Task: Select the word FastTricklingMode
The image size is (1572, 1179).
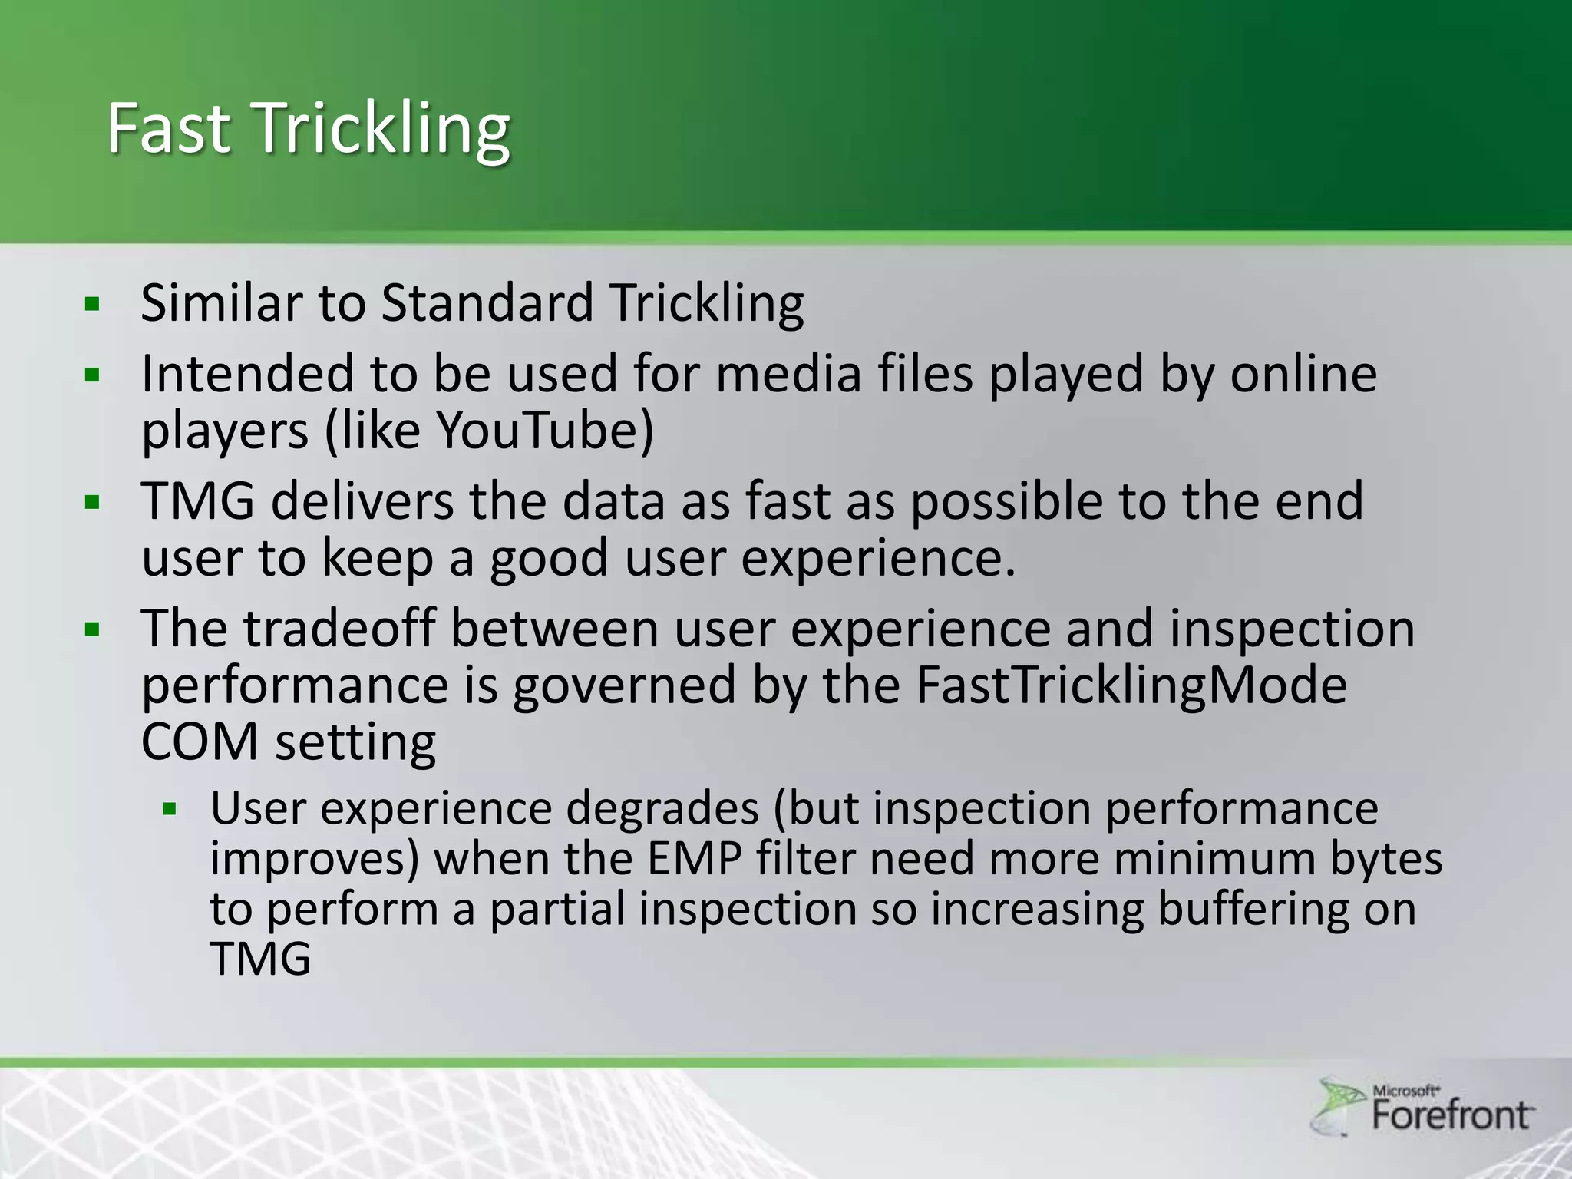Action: tap(1131, 685)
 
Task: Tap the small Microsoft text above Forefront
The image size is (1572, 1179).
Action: tap(1405, 1090)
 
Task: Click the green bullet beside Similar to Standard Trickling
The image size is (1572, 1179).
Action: tap(93, 305)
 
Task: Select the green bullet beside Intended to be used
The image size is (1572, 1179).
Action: tap(93, 376)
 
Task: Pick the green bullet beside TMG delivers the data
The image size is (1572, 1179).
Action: tap(93, 504)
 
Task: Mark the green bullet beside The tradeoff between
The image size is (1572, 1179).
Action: tap(93, 631)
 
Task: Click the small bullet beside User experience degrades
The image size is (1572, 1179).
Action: tap(170, 809)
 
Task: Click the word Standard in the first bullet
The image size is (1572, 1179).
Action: tap(487, 302)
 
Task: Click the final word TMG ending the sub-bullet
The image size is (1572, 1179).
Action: tap(260, 959)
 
